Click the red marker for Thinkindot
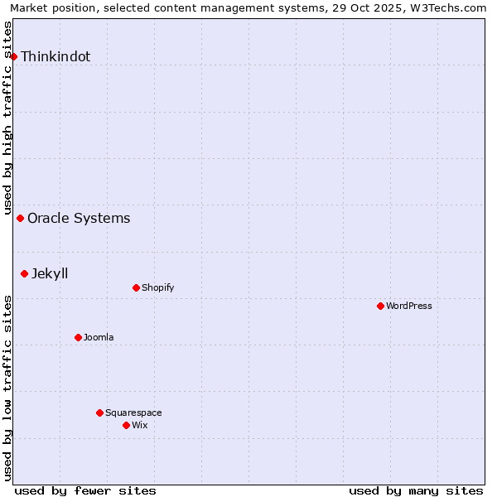click(x=14, y=56)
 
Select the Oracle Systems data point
click(x=21, y=219)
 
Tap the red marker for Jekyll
click(x=25, y=273)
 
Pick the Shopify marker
click(x=136, y=288)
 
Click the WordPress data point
click(x=380, y=306)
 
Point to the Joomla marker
click(x=78, y=337)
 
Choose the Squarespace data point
click(x=99, y=413)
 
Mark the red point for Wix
click(x=126, y=425)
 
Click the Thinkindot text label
click(x=55, y=57)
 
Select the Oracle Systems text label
click(x=79, y=219)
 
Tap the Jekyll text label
click(x=50, y=273)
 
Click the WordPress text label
click(x=409, y=306)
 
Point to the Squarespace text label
click(x=133, y=413)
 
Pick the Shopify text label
click(x=157, y=288)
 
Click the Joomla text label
click(x=99, y=337)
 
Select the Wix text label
click(x=139, y=425)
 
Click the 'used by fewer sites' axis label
click(x=85, y=490)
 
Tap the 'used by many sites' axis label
click(x=416, y=490)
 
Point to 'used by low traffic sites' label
click(x=7, y=388)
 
